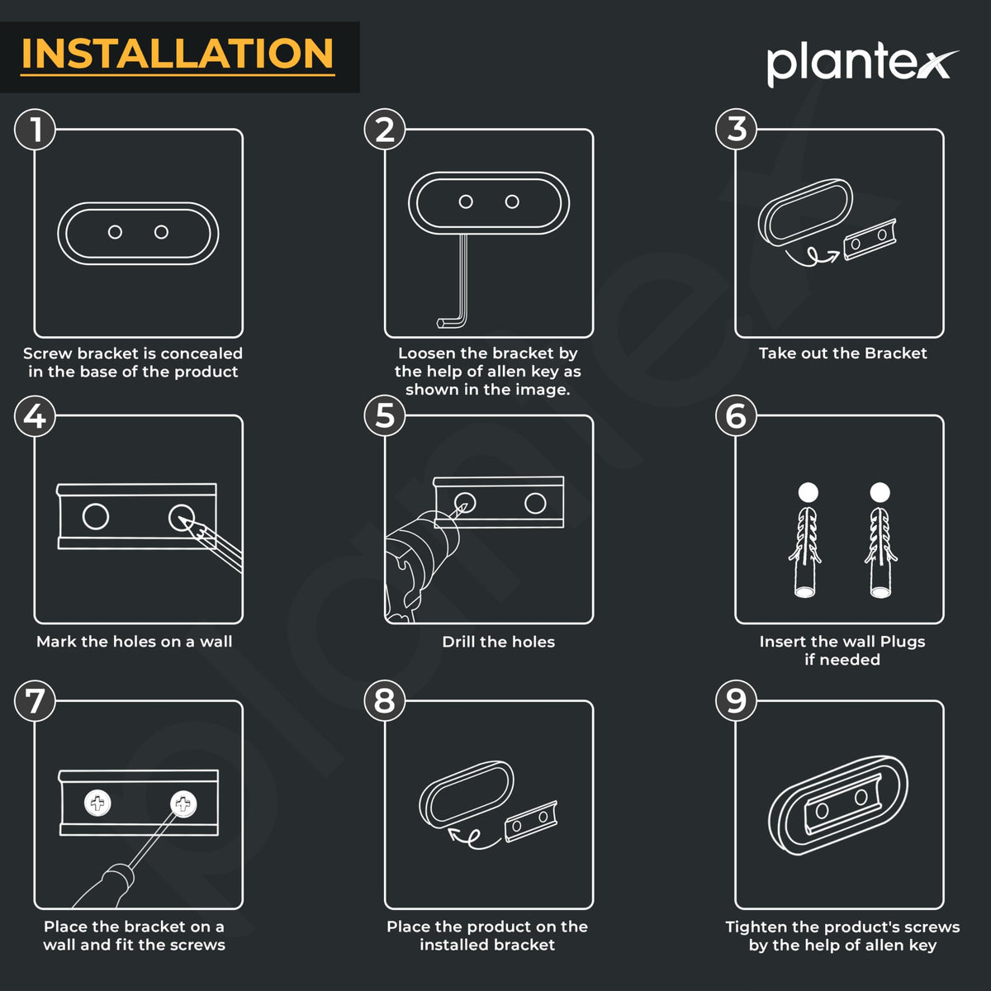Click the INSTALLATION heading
178,54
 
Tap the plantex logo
862,64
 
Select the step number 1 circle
35,129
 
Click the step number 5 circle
385,415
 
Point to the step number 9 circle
736,700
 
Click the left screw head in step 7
97,803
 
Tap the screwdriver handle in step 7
106,885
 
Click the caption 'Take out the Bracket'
842,353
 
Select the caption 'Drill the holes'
498,642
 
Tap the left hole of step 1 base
115,232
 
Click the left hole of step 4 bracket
96,516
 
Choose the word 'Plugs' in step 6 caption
903,642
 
